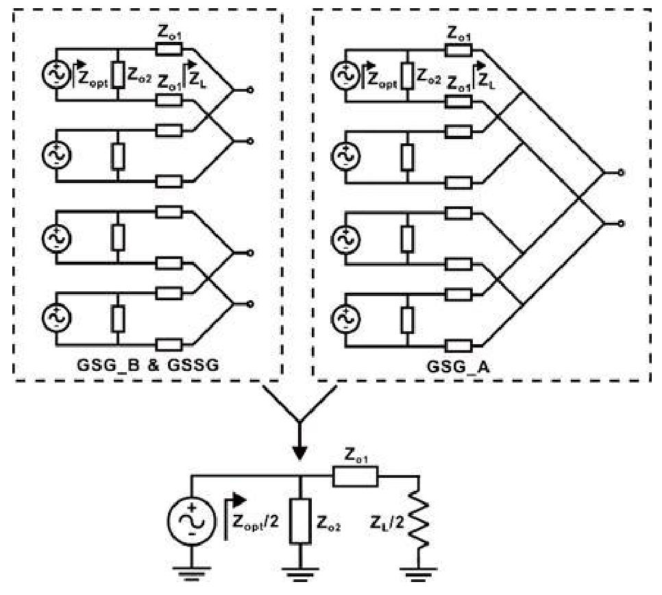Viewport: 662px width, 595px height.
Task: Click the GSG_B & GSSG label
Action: coord(148,365)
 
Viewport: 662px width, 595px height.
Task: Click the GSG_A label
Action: coord(458,366)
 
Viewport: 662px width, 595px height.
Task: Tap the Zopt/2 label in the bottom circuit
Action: coord(256,523)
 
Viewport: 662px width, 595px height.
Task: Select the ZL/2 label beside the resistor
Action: coord(387,523)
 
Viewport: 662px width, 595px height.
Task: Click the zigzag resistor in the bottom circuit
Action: coord(419,524)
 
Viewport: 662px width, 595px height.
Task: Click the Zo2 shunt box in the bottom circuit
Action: coord(300,521)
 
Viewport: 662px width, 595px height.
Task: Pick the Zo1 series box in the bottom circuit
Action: coord(356,477)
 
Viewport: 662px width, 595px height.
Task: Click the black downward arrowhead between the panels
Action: coord(299,453)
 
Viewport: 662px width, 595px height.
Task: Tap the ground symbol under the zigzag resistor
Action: coord(419,574)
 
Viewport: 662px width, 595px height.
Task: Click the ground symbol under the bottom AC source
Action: coord(192,574)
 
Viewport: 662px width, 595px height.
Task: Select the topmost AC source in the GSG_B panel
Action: coord(56,74)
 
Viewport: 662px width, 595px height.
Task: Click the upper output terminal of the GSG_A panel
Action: coord(621,173)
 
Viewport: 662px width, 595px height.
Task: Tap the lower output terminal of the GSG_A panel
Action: coord(621,223)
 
